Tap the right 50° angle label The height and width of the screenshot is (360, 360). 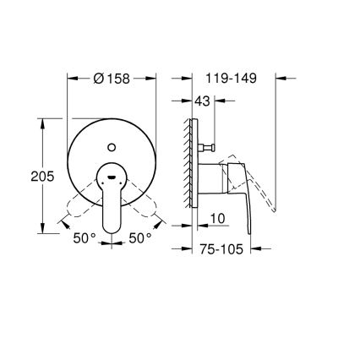click(x=139, y=239)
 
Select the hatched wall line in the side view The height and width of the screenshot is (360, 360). click(x=183, y=169)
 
